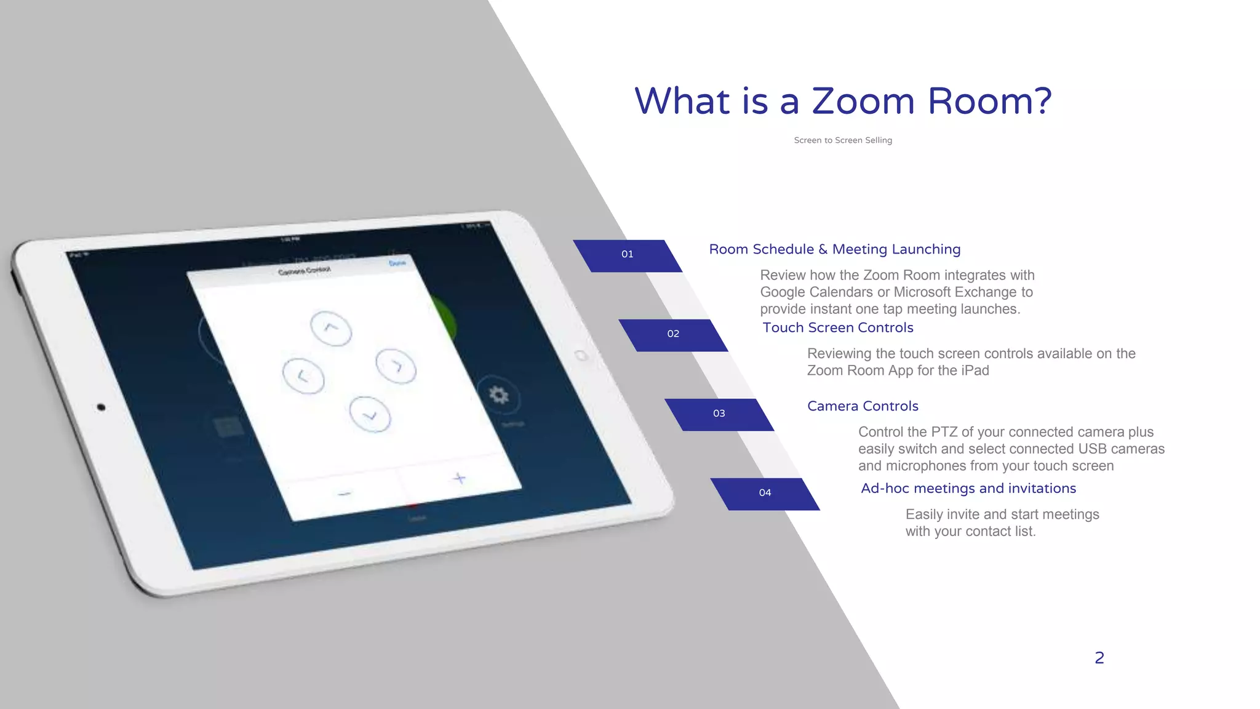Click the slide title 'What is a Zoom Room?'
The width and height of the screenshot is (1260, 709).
[x=843, y=101]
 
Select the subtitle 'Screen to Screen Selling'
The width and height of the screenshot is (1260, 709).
[x=843, y=140]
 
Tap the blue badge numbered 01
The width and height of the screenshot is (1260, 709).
[x=628, y=255]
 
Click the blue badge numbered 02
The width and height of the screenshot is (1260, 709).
[x=673, y=334]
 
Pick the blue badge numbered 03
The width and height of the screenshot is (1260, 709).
[x=719, y=414]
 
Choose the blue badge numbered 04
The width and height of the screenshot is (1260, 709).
[x=765, y=493]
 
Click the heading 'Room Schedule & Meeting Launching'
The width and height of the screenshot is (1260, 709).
[x=834, y=249]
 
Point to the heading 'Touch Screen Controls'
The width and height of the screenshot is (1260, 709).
[x=837, y=327]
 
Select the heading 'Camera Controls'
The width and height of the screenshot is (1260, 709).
[x=863, y=406]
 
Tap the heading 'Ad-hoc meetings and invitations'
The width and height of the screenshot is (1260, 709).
[x=968, y=489]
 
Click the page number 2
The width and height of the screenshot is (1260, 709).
[x=1099, y=658]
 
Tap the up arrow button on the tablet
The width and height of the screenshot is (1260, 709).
[x=331, y=328]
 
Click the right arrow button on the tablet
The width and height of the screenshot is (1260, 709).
[x=396, y=366]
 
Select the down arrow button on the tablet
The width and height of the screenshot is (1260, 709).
[x=370, y=414]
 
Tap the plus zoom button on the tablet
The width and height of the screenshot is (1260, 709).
[x=459, y=478]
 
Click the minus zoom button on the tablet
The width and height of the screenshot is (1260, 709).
[x=345, y=493]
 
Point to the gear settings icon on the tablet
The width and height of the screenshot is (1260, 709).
[x=498, y=395]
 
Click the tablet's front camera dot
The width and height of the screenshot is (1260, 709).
[x=101, y=407]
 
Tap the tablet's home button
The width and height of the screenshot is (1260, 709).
[x=581, y=356]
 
